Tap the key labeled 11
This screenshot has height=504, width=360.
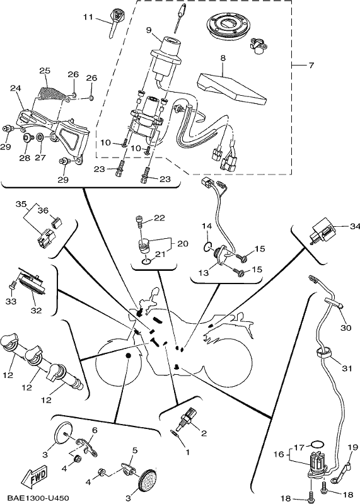pos(114,23)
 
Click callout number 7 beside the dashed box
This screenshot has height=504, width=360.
pos(311,66)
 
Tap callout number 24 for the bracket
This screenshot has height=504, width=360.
pos(15,88)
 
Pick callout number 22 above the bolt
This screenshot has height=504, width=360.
pos(160,218)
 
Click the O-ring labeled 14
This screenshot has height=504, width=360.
pos(207,246)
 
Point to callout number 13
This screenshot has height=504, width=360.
pos(203,273)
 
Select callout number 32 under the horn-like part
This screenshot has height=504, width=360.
pos(37,311)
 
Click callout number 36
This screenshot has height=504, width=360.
pos(43,211)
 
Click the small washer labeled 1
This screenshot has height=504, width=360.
pos(175,433)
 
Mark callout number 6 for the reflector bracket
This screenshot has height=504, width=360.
pos(95,430)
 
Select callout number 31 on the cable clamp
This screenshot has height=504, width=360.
pos(347,369)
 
